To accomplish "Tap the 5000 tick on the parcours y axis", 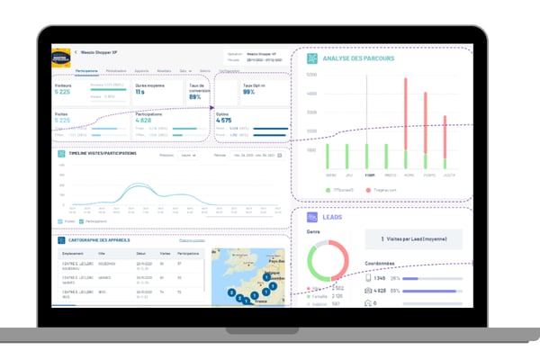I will coord(311,75).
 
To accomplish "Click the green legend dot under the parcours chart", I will coord(328,191).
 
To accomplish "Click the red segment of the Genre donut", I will coord(346,256).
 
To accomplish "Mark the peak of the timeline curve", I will coord(134,186).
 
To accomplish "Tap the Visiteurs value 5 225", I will coord(62,93).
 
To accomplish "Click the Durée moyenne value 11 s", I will coord(140,93).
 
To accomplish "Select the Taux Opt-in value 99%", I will coord(250,93).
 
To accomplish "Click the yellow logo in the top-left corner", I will coord(60,57).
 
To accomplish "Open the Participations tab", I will coord(87,69).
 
